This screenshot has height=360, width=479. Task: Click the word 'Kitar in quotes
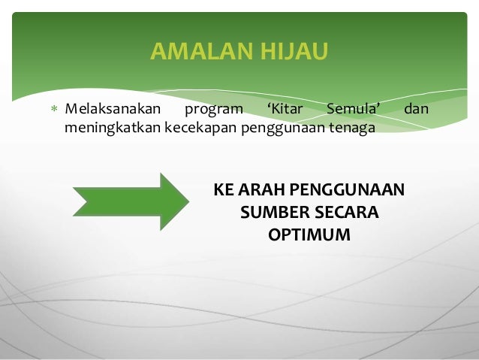tap(285, 110)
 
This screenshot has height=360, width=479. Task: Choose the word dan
tap(416, 110)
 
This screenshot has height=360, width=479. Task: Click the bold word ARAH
tap(262, 189)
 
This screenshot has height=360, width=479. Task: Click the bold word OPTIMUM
tap(309, 235)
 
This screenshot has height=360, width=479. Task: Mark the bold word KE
tap(224, 189)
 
